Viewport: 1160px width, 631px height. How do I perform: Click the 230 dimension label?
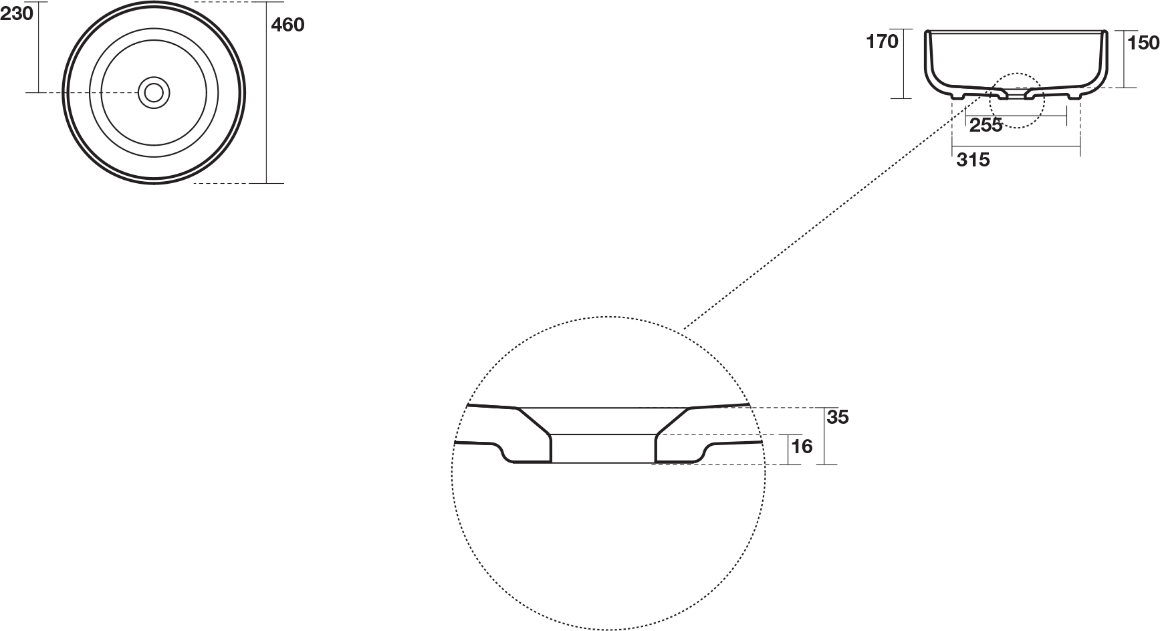pos(16,13)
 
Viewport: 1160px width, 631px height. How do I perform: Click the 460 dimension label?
pos(287,25)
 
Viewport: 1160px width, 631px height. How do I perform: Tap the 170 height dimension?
pos(882,41)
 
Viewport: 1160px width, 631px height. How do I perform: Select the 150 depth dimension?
pos(1143,43)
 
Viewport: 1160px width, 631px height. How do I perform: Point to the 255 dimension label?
pos(985,124)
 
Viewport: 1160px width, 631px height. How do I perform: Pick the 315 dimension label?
pos(973,160)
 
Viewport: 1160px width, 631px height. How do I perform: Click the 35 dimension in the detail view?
pos(838,417)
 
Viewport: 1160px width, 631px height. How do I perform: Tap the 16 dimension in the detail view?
pos(801,446)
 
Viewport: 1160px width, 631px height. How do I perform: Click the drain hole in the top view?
pos(154,92)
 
